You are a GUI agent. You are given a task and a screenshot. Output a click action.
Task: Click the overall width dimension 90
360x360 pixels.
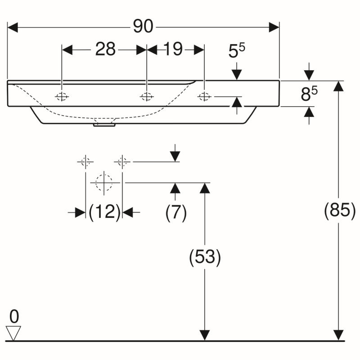click(143, 26)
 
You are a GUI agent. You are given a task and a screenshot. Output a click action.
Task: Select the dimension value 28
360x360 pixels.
click(105, 49)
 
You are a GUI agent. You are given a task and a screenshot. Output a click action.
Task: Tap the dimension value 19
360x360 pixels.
click(173, 49)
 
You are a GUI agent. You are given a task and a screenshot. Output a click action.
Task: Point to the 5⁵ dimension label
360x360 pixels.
click(237, 50)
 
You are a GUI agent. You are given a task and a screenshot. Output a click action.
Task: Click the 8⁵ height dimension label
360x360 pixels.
click(309, 93)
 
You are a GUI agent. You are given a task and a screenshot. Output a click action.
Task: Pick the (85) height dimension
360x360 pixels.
click(340, 211)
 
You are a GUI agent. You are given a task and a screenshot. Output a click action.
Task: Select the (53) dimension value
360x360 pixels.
click(205, 257)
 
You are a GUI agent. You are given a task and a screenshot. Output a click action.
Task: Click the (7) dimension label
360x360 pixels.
click(176, 212)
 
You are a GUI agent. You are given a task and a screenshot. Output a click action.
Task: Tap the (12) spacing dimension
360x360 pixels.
click(104, 212)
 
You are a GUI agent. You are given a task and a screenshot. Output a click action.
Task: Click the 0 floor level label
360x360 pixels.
click(14, 316)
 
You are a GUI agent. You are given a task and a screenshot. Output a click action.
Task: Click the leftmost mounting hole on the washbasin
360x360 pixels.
click(62, 97)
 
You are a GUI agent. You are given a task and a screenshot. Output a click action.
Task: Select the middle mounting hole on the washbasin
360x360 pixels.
click(147, 96)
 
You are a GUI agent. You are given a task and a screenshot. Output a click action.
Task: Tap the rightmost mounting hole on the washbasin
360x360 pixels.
click(204, 96)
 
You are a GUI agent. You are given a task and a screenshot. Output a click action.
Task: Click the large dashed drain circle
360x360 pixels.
click(104, 183)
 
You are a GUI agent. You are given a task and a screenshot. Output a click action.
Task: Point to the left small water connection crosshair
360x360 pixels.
click(85, 162)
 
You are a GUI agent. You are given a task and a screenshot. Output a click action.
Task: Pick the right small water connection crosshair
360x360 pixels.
click(122, 162)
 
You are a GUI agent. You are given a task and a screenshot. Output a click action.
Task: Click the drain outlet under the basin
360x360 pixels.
click(104, 125)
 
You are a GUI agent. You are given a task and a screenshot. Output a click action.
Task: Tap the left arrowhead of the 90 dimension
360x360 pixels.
click(13, 27)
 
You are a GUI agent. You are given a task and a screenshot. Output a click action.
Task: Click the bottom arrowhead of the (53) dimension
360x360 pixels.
click(205, 335)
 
